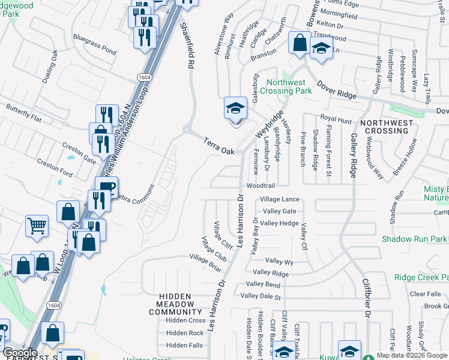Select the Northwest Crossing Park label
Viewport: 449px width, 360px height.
pyautogui.click(x=289, y=86)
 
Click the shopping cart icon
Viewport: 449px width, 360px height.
pyautogui.click(x=37, y=226)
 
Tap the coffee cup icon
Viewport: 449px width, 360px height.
pyautogui.click(x=106, y=187)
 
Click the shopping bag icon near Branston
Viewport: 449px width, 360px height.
pyautogui.click(x=299, y=43)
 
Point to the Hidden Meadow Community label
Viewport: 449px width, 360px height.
pyautogui.click(x=175, y=304)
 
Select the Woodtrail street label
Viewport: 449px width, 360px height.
pyautogui.click(x=260, y=186)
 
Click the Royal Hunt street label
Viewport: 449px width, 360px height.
pyautogui.click(x=336, y=120)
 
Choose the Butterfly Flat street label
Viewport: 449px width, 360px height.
pyautogui.click(x=22, y=113)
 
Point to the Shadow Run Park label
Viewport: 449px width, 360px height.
pyautogui.click(x=415, y=239)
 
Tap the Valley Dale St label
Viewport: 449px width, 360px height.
pyautogui.click(x=260, y=296)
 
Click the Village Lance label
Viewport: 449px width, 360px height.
pyautogui.click(x=279, y=199)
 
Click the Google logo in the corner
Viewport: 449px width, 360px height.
pyautogui.click(x=20, y=353)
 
